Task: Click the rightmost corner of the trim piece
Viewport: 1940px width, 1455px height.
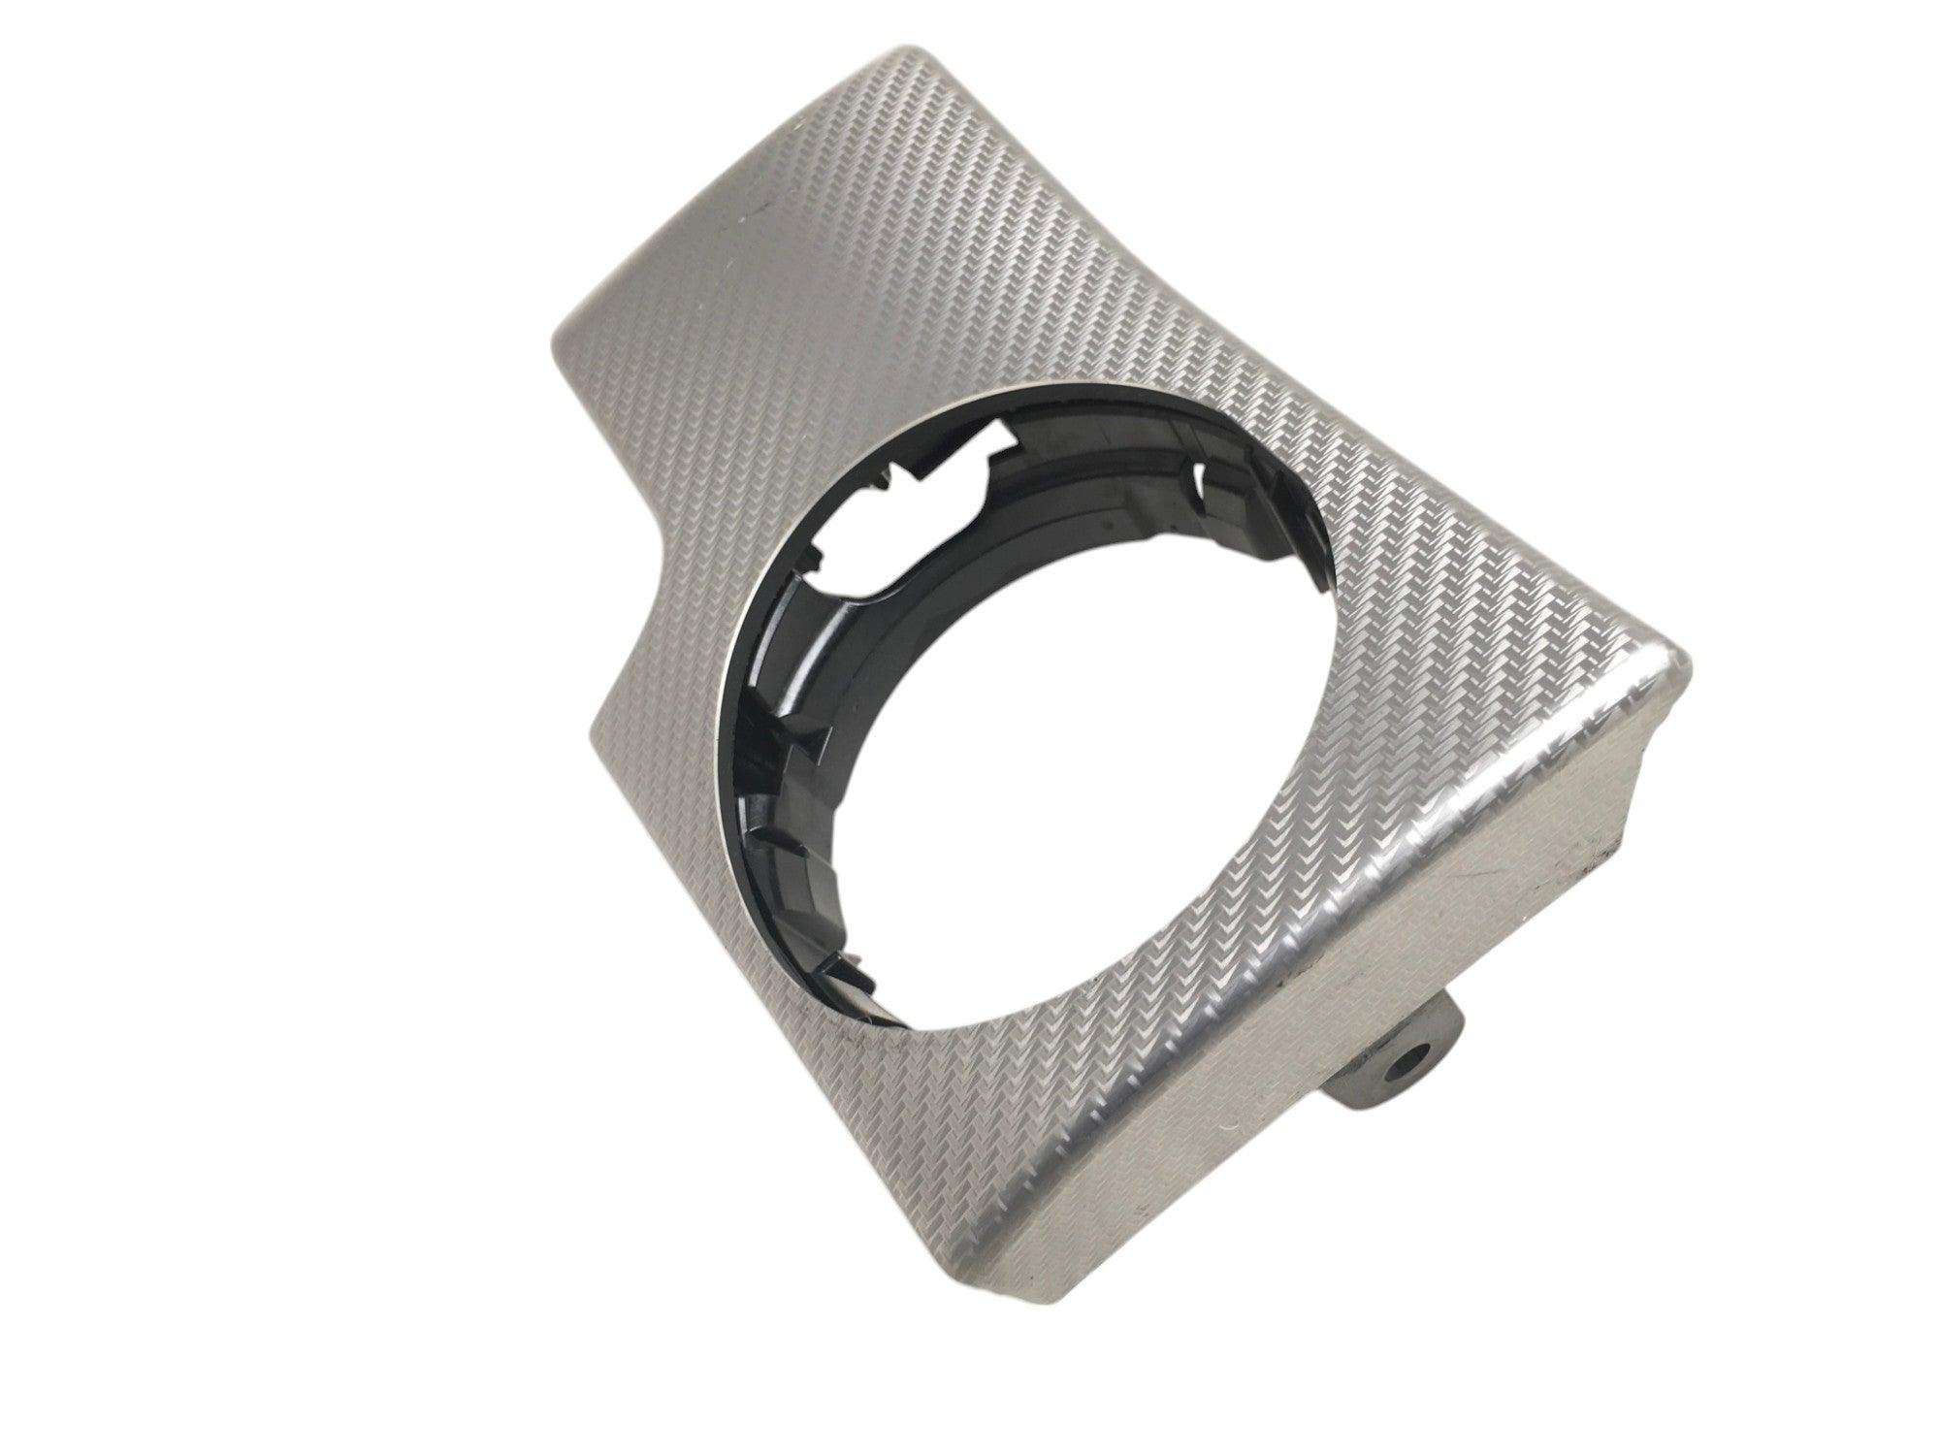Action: point(1688,669)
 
